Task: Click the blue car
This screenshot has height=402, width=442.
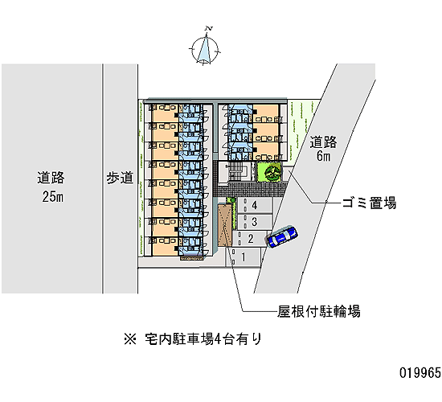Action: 282,236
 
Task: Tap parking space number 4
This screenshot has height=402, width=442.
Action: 255,205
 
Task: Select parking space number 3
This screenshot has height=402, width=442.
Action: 255,222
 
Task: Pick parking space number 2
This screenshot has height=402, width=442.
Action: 250,239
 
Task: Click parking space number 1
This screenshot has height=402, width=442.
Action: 244,257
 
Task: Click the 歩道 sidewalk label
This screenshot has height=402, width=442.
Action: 120,178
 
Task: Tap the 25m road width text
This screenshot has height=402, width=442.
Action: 53,197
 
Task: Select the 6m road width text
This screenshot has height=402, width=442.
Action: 324,156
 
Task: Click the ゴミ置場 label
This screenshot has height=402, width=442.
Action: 369,203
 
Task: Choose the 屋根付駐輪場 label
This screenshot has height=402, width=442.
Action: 319,312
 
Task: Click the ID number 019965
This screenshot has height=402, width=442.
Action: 420,373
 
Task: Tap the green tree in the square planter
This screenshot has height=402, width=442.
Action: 269,172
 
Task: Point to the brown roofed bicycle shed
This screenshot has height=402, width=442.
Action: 225,225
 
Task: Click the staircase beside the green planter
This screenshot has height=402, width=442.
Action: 235,171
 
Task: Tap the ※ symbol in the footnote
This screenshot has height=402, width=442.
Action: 130,339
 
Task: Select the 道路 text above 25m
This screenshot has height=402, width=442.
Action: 51,178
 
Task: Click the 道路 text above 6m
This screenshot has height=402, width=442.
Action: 323,142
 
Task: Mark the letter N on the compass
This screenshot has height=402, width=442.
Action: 209,28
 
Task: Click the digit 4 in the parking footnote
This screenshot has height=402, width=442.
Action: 218,339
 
